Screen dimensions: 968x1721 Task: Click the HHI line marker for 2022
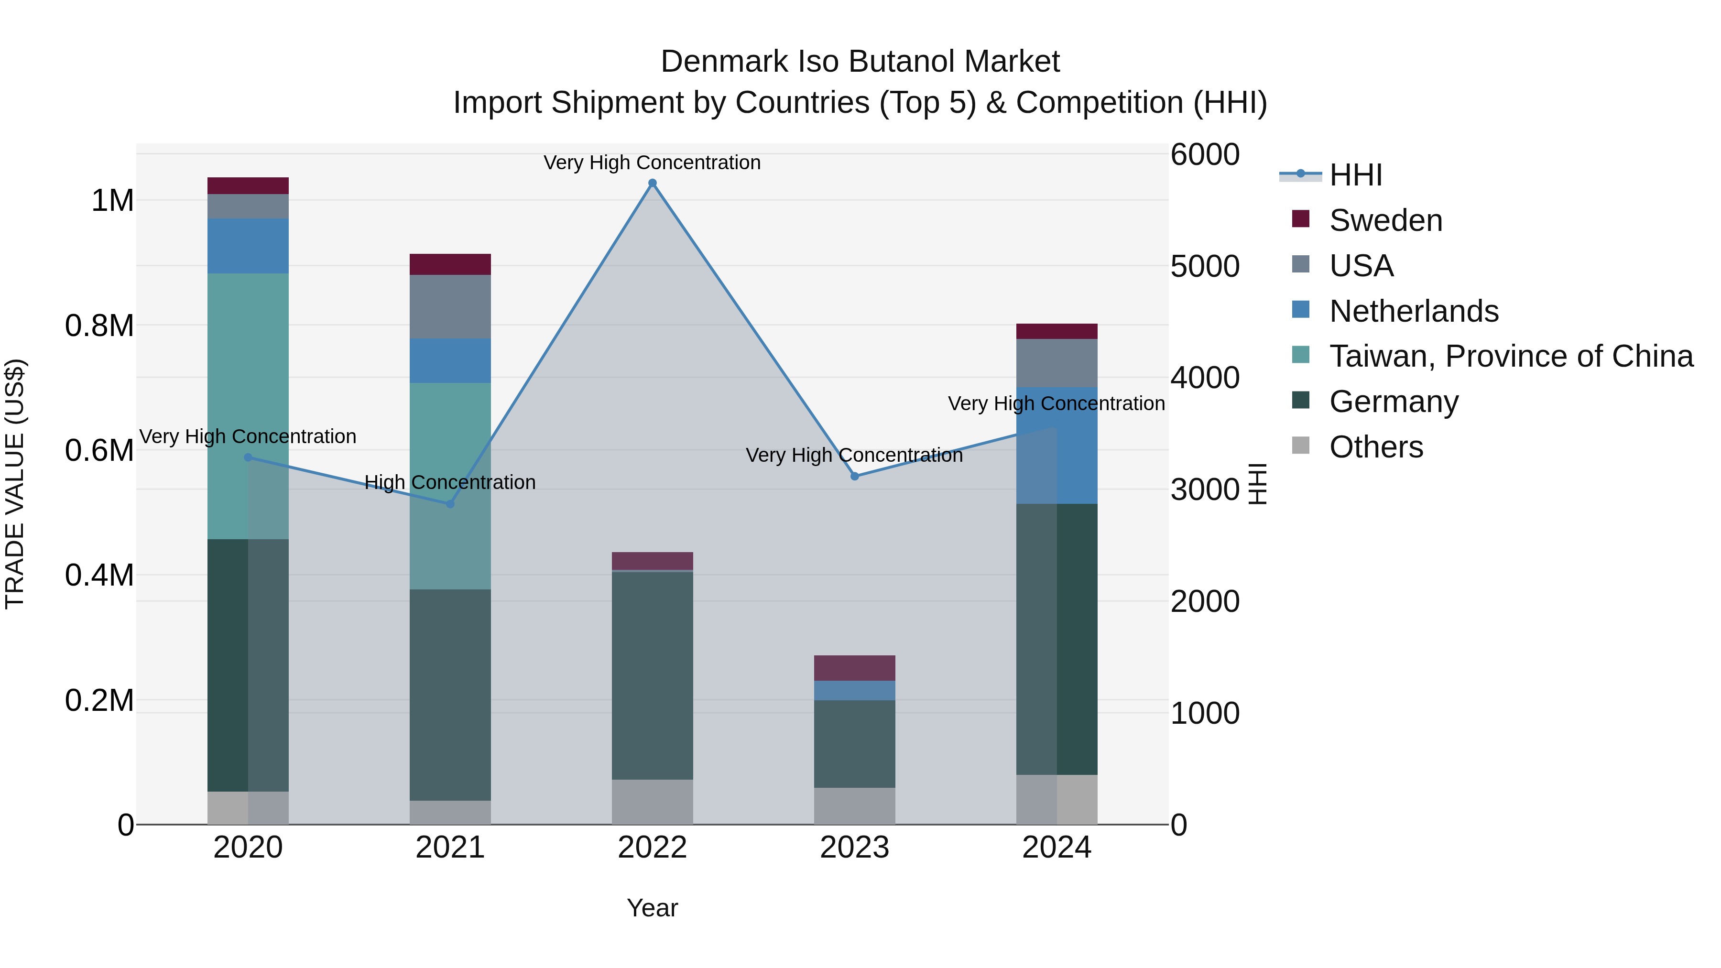[x=652, y=183]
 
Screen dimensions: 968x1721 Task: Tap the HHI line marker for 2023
[x=854, y=476]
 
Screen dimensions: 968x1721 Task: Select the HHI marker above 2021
[x=450, y=504]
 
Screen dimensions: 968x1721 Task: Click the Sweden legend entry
[x=1385, y=220]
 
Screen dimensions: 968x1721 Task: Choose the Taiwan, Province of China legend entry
[x=1510, y=356]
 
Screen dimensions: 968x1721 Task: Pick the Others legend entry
[x=1375, y=447]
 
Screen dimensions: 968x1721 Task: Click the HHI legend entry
[x=1355, y=175]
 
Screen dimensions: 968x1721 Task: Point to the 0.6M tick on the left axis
[x=99, y=450]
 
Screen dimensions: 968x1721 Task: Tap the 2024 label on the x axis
[x=1056, y=848]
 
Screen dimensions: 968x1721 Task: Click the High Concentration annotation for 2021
[x=450, y=482]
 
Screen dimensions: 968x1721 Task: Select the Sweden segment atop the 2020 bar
[x=248, y=186]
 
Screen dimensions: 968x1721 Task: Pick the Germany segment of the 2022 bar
[x=652, y=674]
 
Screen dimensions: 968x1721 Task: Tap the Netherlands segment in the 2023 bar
[x=854, y=690]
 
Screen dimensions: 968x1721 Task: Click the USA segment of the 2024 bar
[x=1056, y=363]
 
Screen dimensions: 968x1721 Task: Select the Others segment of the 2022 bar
[x=652, y=802]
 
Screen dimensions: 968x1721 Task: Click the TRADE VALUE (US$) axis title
[x=15, y=484]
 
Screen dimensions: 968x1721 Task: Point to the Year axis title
[x=652, y=908]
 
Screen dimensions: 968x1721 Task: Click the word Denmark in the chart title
[x=724, y=62]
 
